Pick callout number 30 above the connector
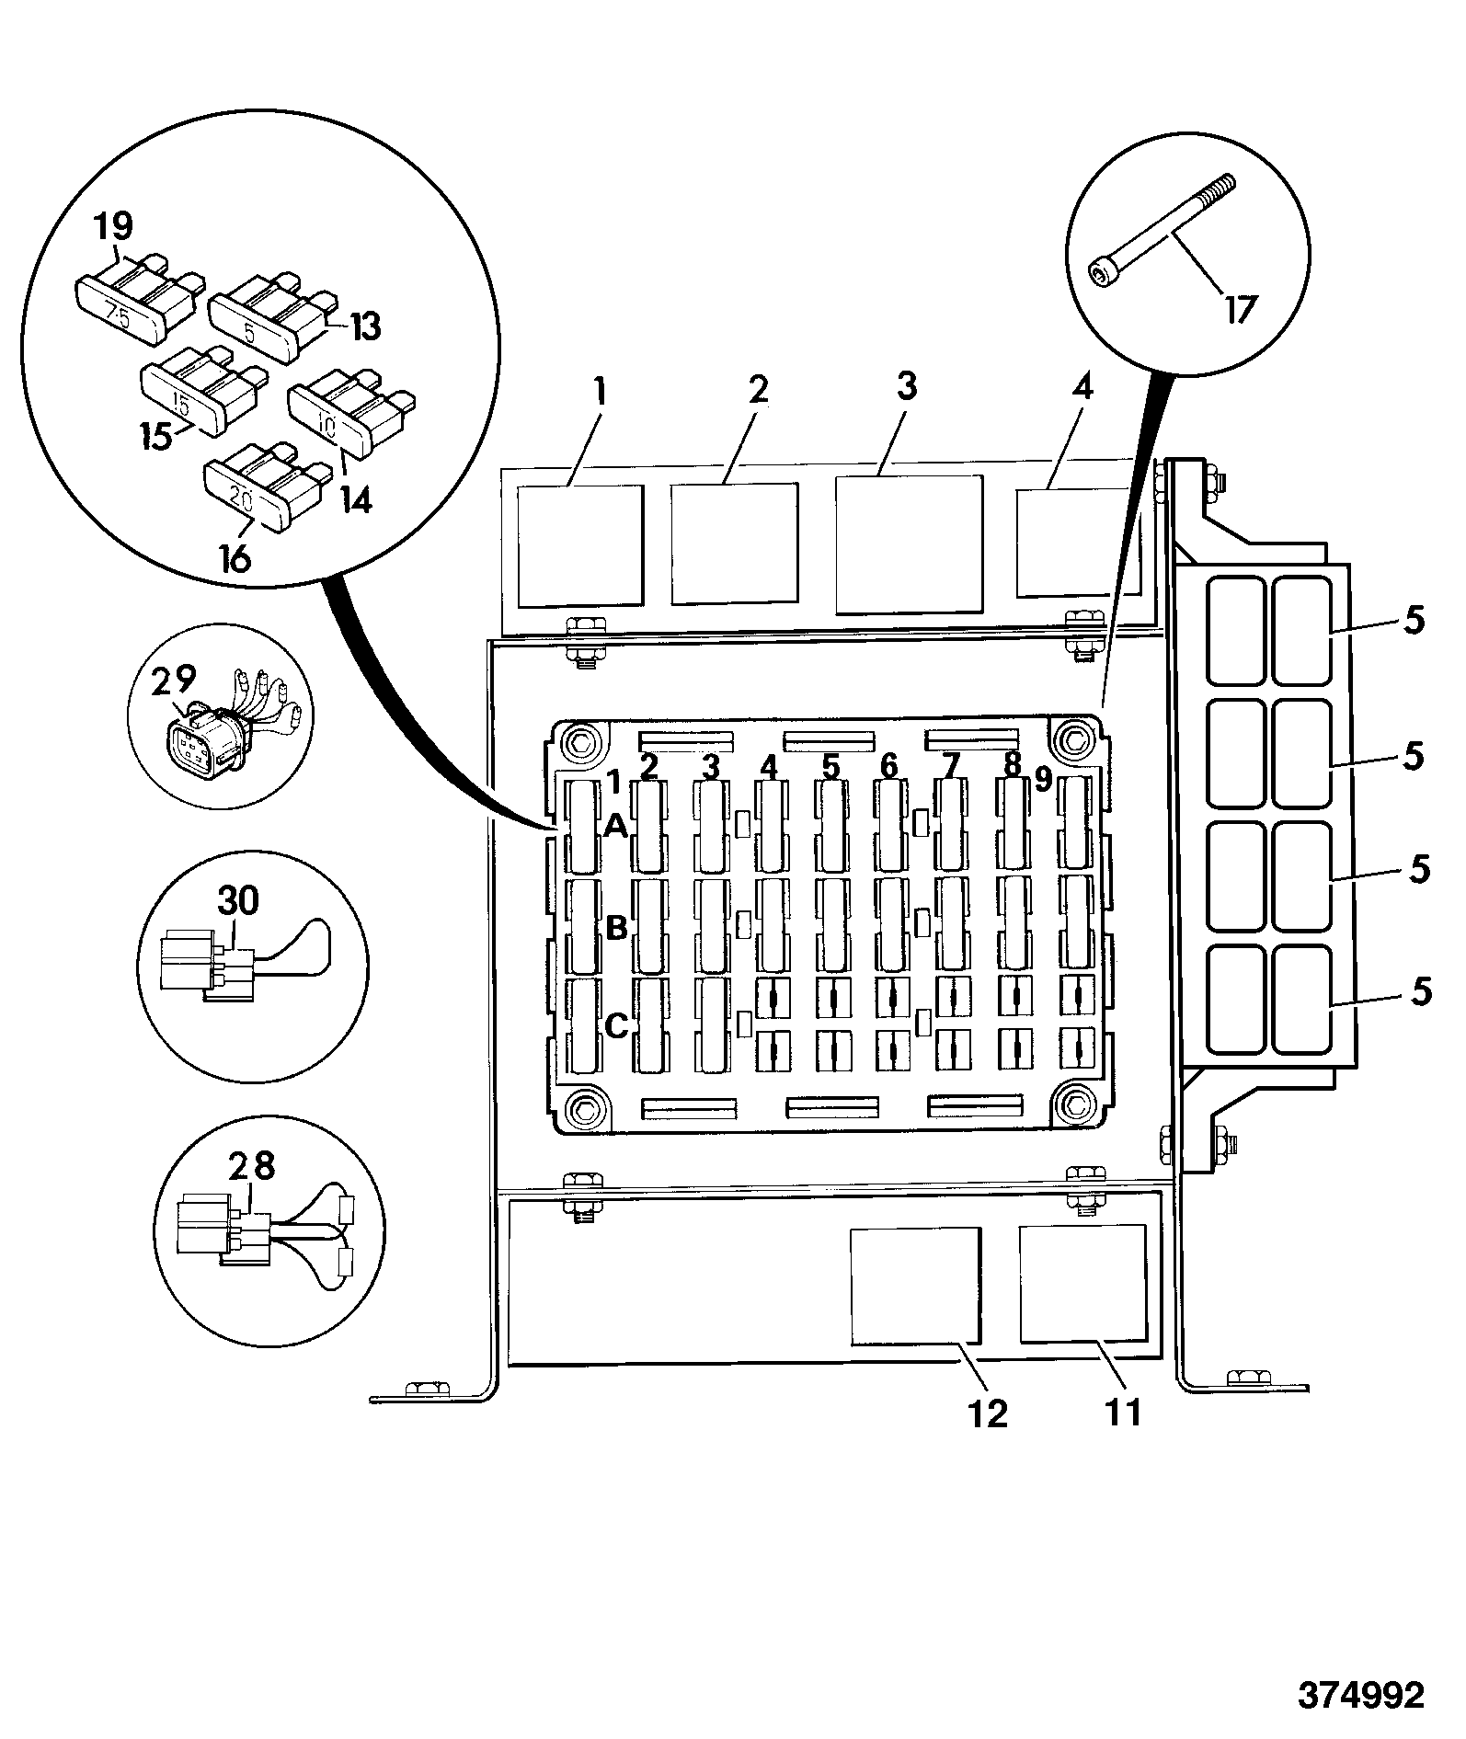tap(238, 900)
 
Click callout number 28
tap(251, 1166)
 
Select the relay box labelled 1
tap(579, 546)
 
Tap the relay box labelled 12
tap(914, 1286)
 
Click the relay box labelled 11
tap(1083, 1282)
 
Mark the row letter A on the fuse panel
tap(615, 827)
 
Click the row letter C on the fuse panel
tap(616, 1024)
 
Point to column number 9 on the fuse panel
tap(1042, 780)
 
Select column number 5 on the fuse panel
tap(831, 766)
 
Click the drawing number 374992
tap(1361, 1695)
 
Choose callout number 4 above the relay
tap(1082, 387)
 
